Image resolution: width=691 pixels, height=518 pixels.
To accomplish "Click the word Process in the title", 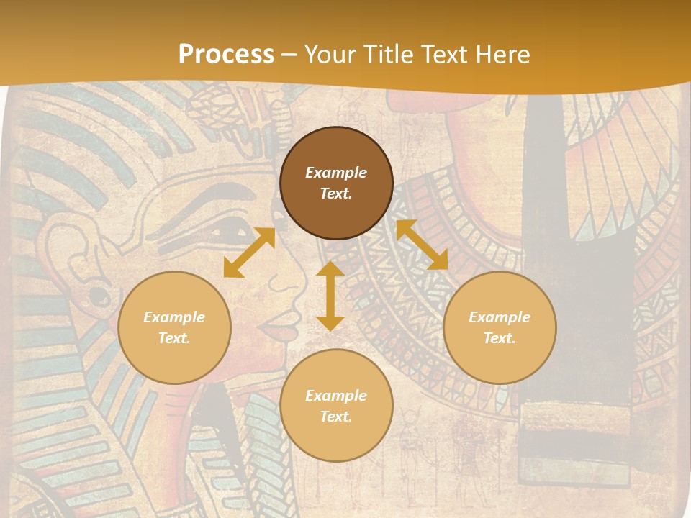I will tap(226, 55).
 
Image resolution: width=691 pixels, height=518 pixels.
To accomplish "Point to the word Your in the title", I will tap(330, 55).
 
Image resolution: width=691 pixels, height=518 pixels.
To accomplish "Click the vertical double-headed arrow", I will tap(330, 296).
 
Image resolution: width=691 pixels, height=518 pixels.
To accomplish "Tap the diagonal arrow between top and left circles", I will tap(249, 253).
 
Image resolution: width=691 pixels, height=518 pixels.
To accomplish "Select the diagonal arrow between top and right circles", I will tap(422, 245).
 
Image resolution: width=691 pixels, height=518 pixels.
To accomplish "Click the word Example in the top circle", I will tap(336, 173).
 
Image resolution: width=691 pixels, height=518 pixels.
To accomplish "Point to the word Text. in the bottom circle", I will tap(336, 417).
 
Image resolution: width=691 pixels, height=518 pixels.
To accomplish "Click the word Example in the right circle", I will tap(500, 317).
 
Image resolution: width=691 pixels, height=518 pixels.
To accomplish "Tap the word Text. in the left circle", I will tap(174, 338).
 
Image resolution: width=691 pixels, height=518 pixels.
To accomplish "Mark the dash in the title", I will tap(289, 55).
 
